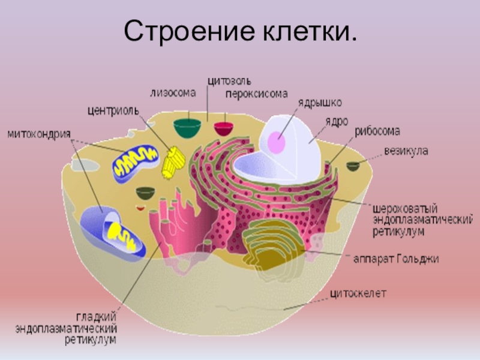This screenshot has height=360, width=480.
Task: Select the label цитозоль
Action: [229, 80]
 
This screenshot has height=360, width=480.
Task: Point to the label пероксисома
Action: [256, 94]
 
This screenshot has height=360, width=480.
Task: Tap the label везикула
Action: [406, 151]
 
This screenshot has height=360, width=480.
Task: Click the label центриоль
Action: [113, 110]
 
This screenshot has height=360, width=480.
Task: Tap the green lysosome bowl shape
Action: [187, 127]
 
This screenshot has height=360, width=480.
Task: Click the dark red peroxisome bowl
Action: [224, 128]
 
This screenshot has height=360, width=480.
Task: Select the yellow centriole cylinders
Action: [174, 161]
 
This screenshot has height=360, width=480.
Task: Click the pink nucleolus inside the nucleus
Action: [277, 143]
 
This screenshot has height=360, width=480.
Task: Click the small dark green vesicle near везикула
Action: [353, 166]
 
